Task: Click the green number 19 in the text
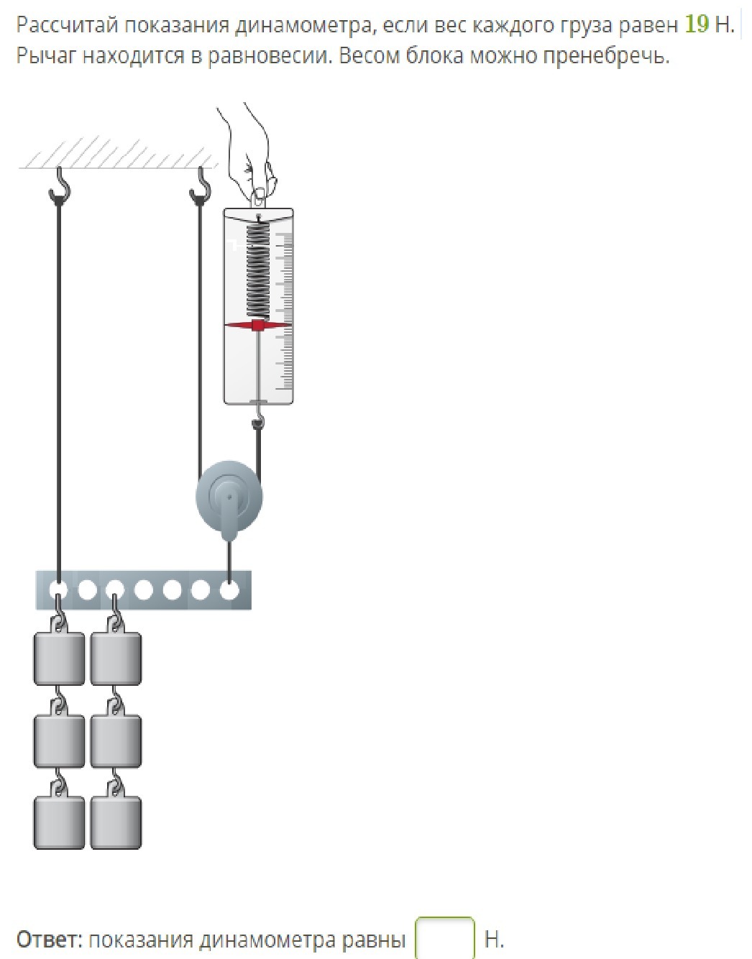click(x=697, y=25)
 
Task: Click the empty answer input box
click(x=445, y=937)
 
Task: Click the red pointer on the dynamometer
click(x=258, y=326)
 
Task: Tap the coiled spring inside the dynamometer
click(x=258, y=270)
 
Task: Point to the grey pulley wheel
click(x=229, y=497)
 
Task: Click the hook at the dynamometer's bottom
click(x=258, y=419)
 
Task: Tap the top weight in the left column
click(x=59, y=657)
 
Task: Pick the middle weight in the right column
click(x=116, y=739)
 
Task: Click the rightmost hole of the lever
click(x=229, y=590)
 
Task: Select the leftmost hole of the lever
click(x=58, y=590)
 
